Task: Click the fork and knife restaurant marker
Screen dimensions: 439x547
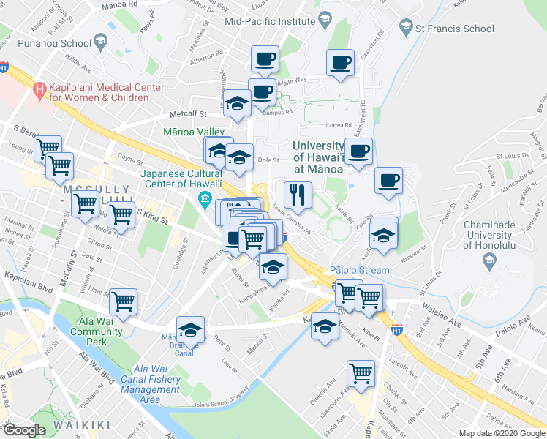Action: tap(298, 195)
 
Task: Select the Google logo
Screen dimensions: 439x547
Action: tap(24, 430)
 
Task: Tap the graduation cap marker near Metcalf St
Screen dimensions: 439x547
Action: tap(237, 105)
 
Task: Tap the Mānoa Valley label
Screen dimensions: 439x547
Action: tap(194, 132)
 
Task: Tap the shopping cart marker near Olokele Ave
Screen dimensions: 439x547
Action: tap(361, 373)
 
